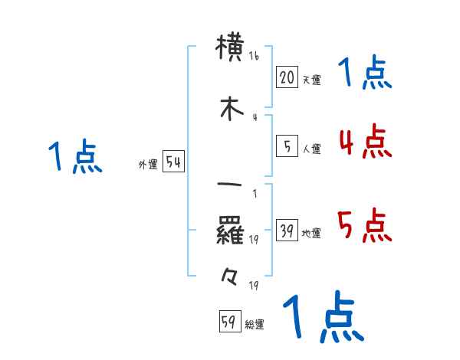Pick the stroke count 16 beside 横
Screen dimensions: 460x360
(254, 57)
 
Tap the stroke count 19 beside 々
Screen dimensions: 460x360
(253, 286)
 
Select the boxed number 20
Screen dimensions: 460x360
(286, 77)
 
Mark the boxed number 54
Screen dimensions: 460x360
(173, 162)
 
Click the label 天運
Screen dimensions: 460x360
(311, 80)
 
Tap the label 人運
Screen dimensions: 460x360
(311, 149)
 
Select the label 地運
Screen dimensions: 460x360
(311, 234)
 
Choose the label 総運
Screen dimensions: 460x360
(255, 325)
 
